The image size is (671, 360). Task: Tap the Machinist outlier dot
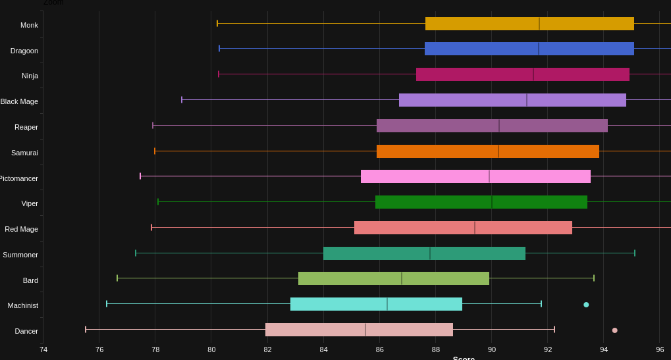tap(586, 305)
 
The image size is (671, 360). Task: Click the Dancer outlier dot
tap(614, 330)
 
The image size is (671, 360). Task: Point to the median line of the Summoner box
tap(430, 253)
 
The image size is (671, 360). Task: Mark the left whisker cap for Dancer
tap(86, 329)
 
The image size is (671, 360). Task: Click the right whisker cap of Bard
tap(594, 278)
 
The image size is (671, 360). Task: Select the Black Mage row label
tap(19, 101)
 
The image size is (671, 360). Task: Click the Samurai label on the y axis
tap(24, 153)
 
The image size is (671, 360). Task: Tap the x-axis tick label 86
tap(380, 349)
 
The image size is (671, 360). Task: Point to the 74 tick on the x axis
tap(43, 349)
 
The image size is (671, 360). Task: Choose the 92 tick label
tap(548, 349)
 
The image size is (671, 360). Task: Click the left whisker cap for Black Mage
tap(182, 100)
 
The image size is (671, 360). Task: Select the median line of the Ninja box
tap(533, 74)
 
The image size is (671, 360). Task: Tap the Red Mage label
tap(22, 229)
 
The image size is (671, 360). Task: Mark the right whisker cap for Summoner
tap(635, 253)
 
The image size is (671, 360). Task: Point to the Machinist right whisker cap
tap(541, 303)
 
